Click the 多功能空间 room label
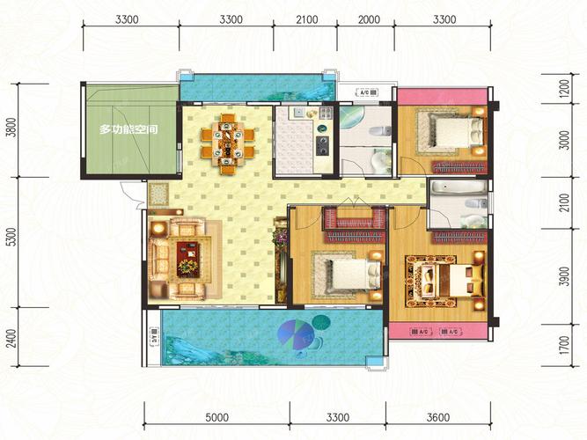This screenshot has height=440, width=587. pos(128,130)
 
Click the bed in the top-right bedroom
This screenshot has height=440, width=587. pos(454,133)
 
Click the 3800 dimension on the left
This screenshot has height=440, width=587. pos(11,132)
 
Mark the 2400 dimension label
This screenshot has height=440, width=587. pos(11,339)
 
